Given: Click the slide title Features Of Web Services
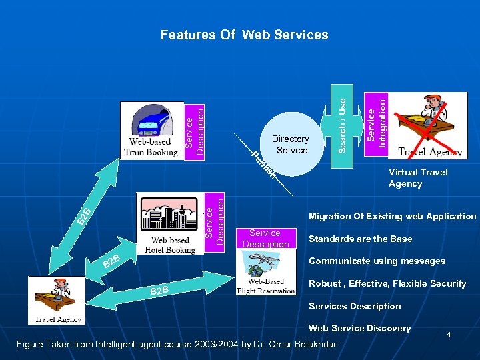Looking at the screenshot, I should (x=244, y=35).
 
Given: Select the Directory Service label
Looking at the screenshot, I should (x=291, y=144).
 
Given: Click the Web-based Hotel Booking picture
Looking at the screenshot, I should (x=170, y=224).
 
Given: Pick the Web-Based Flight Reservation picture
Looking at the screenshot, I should (x=266, y=273).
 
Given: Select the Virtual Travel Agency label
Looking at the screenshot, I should (x=418, y=177).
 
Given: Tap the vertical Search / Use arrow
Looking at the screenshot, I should (x=340, y=117).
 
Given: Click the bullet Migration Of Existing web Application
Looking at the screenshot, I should (x=392, y=216).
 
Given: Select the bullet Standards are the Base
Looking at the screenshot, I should (x=360, y=239).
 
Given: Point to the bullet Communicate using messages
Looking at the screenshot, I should (x=377, y=261).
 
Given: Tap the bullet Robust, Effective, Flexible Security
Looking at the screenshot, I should (x=387, y=283).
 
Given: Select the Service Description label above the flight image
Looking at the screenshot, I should (x=265, y=238).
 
